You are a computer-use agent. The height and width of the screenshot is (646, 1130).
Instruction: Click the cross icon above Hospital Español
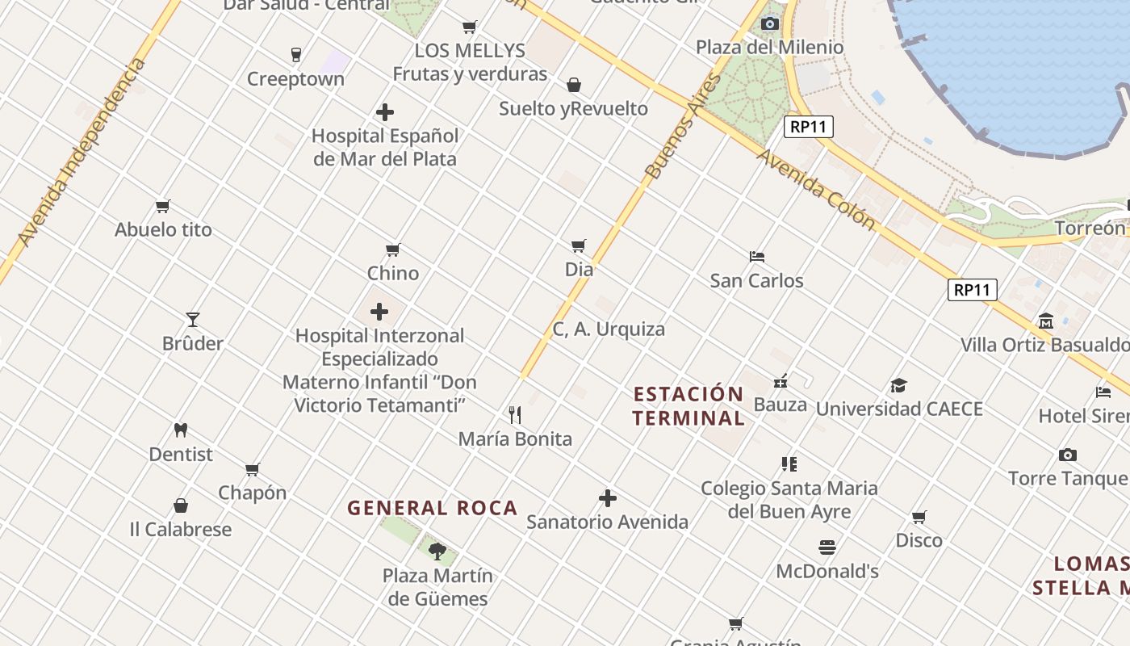tap(385, 112)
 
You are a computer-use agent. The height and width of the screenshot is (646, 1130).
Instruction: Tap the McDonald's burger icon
tap(827, 548)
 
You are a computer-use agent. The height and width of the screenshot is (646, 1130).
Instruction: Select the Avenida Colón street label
tap(816, 188)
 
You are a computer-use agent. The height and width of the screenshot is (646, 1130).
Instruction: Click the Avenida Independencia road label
tap(83, 152)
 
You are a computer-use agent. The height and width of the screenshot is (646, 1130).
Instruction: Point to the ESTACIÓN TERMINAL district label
tap(688, 406)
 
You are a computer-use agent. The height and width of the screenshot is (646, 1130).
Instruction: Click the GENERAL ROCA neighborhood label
tap(432, 508)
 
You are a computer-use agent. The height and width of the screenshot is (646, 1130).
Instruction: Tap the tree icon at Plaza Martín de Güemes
tap(437, 552)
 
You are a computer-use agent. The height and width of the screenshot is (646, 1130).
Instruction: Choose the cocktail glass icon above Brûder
tap(192, 320)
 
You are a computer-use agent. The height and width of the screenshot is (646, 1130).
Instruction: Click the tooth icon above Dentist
tap(181, 430)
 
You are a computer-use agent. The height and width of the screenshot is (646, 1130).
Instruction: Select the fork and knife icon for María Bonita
tap(515, 415)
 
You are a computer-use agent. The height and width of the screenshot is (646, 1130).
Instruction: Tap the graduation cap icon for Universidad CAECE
tap(898, 385)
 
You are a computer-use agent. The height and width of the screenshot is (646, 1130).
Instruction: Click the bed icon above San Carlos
tap(756, 257)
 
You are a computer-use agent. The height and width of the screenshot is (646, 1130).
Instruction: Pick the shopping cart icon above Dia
tap(579, 245)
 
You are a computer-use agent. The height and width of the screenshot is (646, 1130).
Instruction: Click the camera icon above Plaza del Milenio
tap(769, 23)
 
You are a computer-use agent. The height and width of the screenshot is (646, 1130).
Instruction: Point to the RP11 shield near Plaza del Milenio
tap(808, 127)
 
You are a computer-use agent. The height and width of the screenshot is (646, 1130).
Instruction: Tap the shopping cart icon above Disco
tap(919, 517)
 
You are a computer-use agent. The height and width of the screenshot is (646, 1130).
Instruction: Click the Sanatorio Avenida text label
tap(607, 522)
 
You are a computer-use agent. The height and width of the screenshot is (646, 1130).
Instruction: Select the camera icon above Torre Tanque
tap(1067, 455)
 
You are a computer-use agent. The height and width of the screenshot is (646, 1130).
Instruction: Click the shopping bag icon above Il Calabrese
tap(181, 506)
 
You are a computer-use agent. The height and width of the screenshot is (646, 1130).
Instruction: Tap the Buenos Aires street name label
tap(683, 127)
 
